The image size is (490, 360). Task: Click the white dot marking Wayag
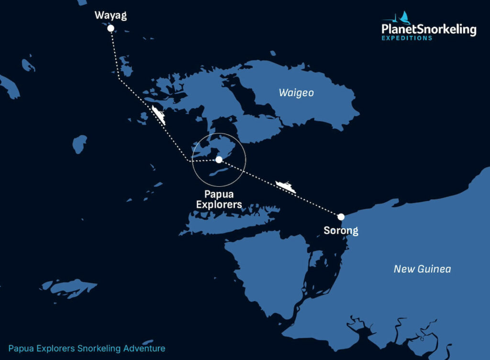[x=111, y=28]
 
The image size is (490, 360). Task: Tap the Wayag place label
[x=111, y=16]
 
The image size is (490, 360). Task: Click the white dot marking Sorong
[x=341, y=217]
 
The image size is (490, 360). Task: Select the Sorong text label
[x=341, y=231]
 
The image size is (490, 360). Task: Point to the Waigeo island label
[x=296, y=93]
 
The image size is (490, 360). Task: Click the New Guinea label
[x=422, y=269]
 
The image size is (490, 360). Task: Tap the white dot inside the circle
[x=219, y=159]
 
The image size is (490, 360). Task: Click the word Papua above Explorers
[x=219, y=194]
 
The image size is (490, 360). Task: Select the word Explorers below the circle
[x=219, y=204]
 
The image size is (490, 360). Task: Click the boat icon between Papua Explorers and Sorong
[x=286, y=186]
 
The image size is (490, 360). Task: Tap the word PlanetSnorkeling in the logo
[x=429, y=30]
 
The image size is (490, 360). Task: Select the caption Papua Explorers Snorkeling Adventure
[x=87, y=349]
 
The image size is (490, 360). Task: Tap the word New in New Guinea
[x=403, y=269]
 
